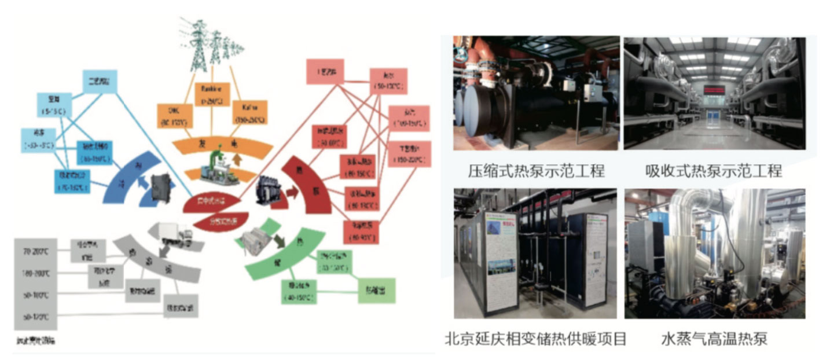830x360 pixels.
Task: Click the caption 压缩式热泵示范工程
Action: coord(537,171)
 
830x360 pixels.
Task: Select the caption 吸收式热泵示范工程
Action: coord(714,171)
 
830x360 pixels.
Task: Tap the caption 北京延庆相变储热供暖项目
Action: coord(535,339)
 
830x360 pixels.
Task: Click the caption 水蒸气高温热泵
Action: coord(714,339)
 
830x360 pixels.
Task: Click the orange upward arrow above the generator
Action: coord(237,160)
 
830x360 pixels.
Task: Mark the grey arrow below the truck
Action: coord(164,249)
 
